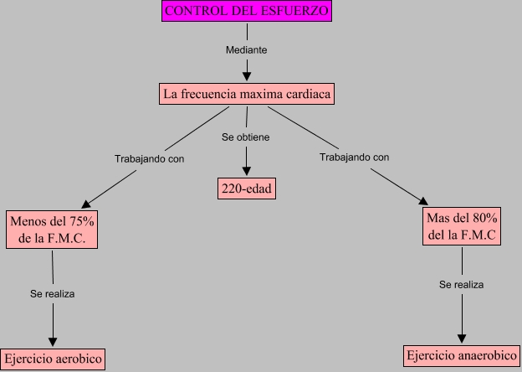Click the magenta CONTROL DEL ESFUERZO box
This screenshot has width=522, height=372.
[247, 12]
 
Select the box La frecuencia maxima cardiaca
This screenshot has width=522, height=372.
[247, 94]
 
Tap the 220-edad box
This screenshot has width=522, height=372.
[247, 189]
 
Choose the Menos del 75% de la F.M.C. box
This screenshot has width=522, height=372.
[52, 229]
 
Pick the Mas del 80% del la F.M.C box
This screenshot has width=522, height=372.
[463, 226]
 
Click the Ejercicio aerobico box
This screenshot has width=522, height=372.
[52, 359]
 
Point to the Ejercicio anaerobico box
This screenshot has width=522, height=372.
[461, 355]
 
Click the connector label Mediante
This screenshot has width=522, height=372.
[247, 50]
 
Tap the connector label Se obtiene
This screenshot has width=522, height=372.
[246, 137]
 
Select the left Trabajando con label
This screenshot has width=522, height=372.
[149, 158]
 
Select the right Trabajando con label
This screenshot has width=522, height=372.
[354, 157]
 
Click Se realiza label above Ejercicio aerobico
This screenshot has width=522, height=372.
[53, 294]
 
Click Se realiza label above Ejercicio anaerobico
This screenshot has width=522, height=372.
[461, 284]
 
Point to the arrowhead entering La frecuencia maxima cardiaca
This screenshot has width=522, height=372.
[247, 77]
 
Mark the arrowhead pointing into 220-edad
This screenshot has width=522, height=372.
[247, 171]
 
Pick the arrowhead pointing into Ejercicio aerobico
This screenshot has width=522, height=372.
[53, 341]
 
